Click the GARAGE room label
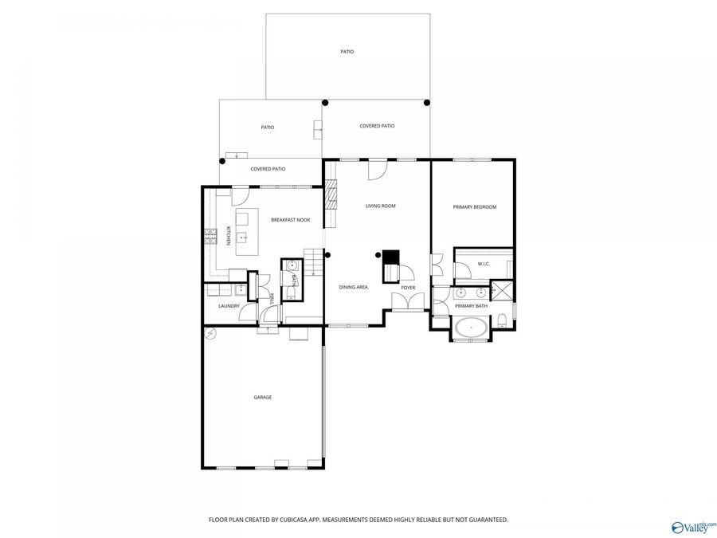point(262,397)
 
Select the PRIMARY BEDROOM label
point(474,207)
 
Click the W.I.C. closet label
point(483,263)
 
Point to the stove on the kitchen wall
point(211,235)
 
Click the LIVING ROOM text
point(380,206)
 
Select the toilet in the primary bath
point(503,321)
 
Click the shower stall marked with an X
point(502,290)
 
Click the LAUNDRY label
point(229,306)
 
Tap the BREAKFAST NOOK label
point(290,220)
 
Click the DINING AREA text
point(353,287)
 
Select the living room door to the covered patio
point(377,168)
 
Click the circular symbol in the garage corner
point(210,333)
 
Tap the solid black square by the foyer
point(390,257)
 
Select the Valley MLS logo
point(693,526)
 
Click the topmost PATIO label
point(347,52)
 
